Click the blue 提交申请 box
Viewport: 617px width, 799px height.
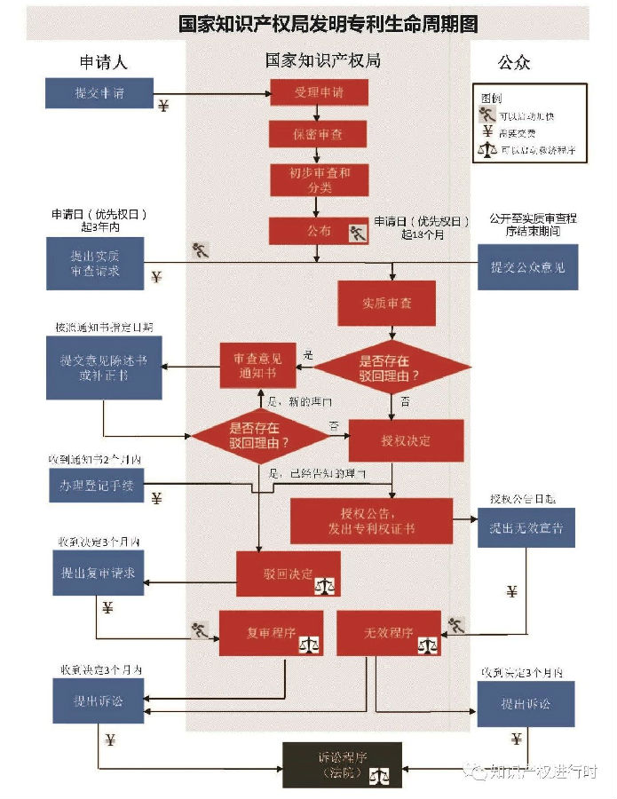tap(99, 93)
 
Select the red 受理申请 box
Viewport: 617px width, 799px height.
tap(319, 93)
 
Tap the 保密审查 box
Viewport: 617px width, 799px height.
tap(319, 135)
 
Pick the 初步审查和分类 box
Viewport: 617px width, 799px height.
tap(319, 180)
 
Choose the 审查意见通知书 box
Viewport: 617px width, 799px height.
tap(257, 366)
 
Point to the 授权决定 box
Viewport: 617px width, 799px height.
tap(406, 439)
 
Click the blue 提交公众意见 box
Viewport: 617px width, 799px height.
tap(528, 265)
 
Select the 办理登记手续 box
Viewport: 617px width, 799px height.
tap(96, 485)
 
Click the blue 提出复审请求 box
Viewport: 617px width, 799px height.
tap(97, 573)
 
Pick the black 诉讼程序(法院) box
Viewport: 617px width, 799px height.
tap(342, 764)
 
